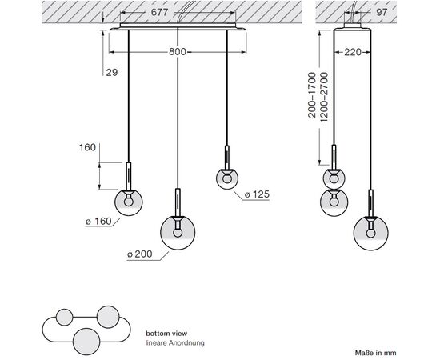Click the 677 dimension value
[159, 12]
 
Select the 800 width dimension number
[178, 52]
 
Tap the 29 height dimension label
[112, 72]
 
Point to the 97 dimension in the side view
[382, 12]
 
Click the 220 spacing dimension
[353, 52]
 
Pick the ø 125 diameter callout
[257, 194]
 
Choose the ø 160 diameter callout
[98, 222]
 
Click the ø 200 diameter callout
[139, 254]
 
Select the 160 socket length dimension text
[87, 147]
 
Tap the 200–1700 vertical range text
[312, 95]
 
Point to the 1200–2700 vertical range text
[324, 97]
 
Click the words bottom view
[166, 334]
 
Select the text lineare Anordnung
[175, 343]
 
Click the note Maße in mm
[375, 353]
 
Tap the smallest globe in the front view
[227, 178]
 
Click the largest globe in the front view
[178, 233]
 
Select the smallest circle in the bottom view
[65, 318]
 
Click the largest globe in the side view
[371, 233]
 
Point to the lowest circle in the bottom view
[86, 342]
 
